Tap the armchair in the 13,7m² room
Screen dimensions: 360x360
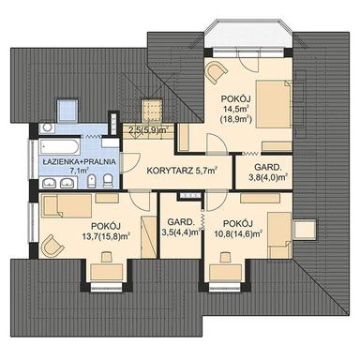click(x=55, y=245)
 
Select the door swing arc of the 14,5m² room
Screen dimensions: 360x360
click(x=214, y=142)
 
